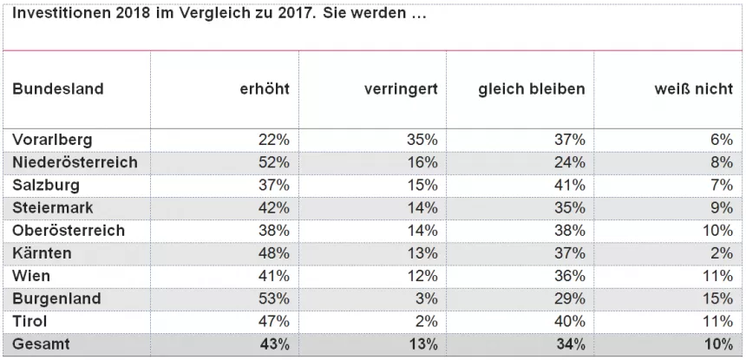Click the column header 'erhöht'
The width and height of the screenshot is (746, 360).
(265, 89)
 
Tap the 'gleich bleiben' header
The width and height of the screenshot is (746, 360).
(532, 89)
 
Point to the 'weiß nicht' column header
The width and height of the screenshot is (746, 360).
(694, 89)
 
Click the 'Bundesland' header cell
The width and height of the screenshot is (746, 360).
(58, 89)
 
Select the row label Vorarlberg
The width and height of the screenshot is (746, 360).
(53, 140)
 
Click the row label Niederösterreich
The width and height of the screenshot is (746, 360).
(75, 162)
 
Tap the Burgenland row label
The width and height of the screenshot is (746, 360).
(56, 299)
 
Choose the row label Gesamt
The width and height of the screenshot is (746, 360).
(43, 344)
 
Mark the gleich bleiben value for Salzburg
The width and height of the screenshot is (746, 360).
(570, 185)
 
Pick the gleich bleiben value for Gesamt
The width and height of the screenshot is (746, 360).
(570, 344)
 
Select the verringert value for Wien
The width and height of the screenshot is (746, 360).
(422, 276)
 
